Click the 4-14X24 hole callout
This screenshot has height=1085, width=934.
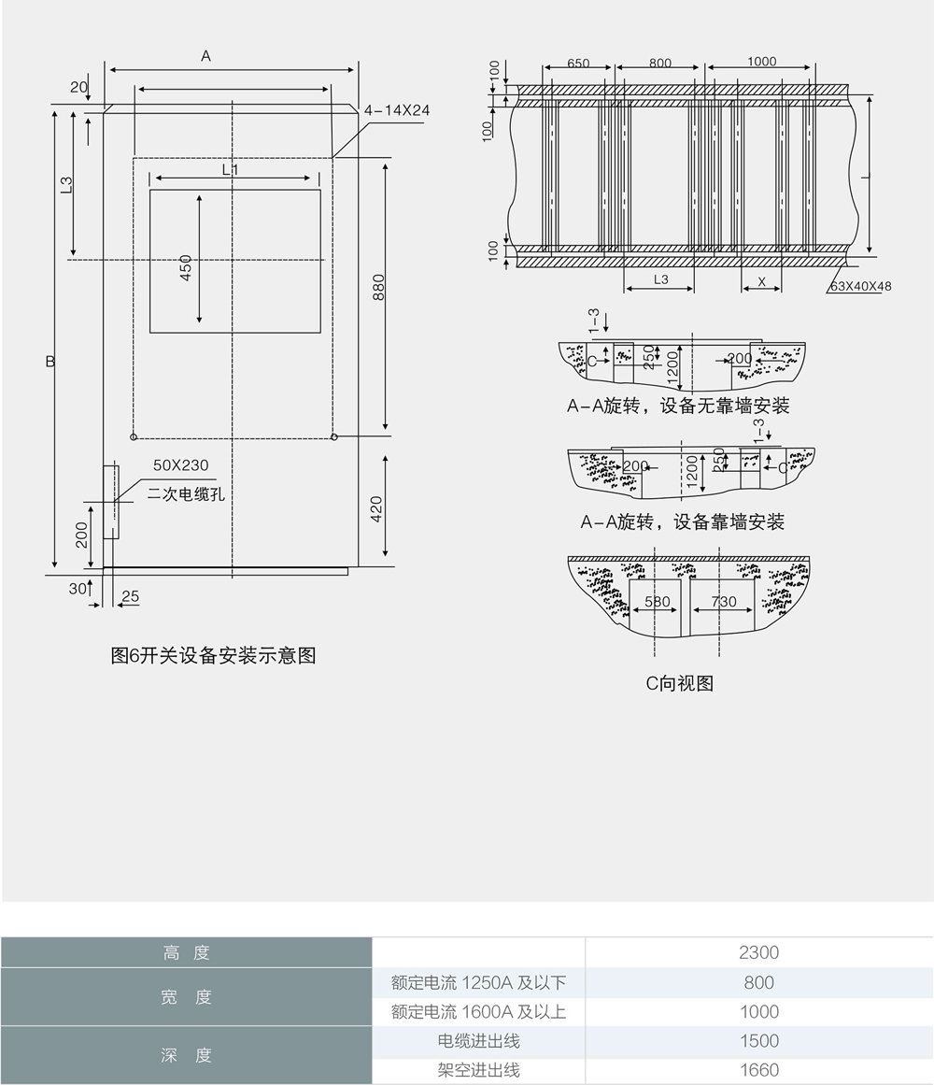tap(397, 110)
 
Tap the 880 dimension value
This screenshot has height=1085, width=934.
tap(378, 287)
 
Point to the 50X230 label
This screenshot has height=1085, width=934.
tap(180, 464)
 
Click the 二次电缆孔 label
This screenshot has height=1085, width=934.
tap(186, 493)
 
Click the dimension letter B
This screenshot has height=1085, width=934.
tap(50, 361)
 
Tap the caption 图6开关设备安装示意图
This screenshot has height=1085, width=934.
tap(213, 655)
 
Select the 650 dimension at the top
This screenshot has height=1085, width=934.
tap(578, 64)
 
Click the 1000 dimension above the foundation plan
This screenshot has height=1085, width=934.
tap(761, 62)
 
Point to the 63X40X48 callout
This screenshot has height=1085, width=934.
tap(860, 286)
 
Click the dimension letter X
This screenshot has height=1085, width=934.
tap(761, 280)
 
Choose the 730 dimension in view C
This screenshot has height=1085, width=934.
tap(724, 602)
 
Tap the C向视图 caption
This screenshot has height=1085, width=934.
tap(679, 683)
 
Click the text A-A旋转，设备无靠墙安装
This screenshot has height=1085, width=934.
tap(679, 406)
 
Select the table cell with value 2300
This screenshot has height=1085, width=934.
tap(758, 953)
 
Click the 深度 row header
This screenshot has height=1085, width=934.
tap(186, 1055)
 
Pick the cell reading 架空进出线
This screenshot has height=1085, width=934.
tap(478, 1070)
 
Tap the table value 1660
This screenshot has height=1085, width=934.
tap(758, 1070)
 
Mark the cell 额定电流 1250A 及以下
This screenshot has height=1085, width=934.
tap(478, 982)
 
